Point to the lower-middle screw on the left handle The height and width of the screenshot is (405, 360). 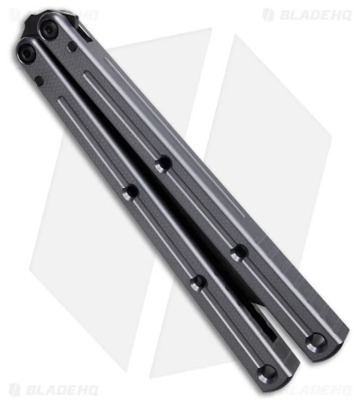(199, 282)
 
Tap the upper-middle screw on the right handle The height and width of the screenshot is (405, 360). (163, 165)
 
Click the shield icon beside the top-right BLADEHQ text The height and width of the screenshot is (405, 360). (268, 15)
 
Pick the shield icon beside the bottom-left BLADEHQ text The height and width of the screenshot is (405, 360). (14, 391)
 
